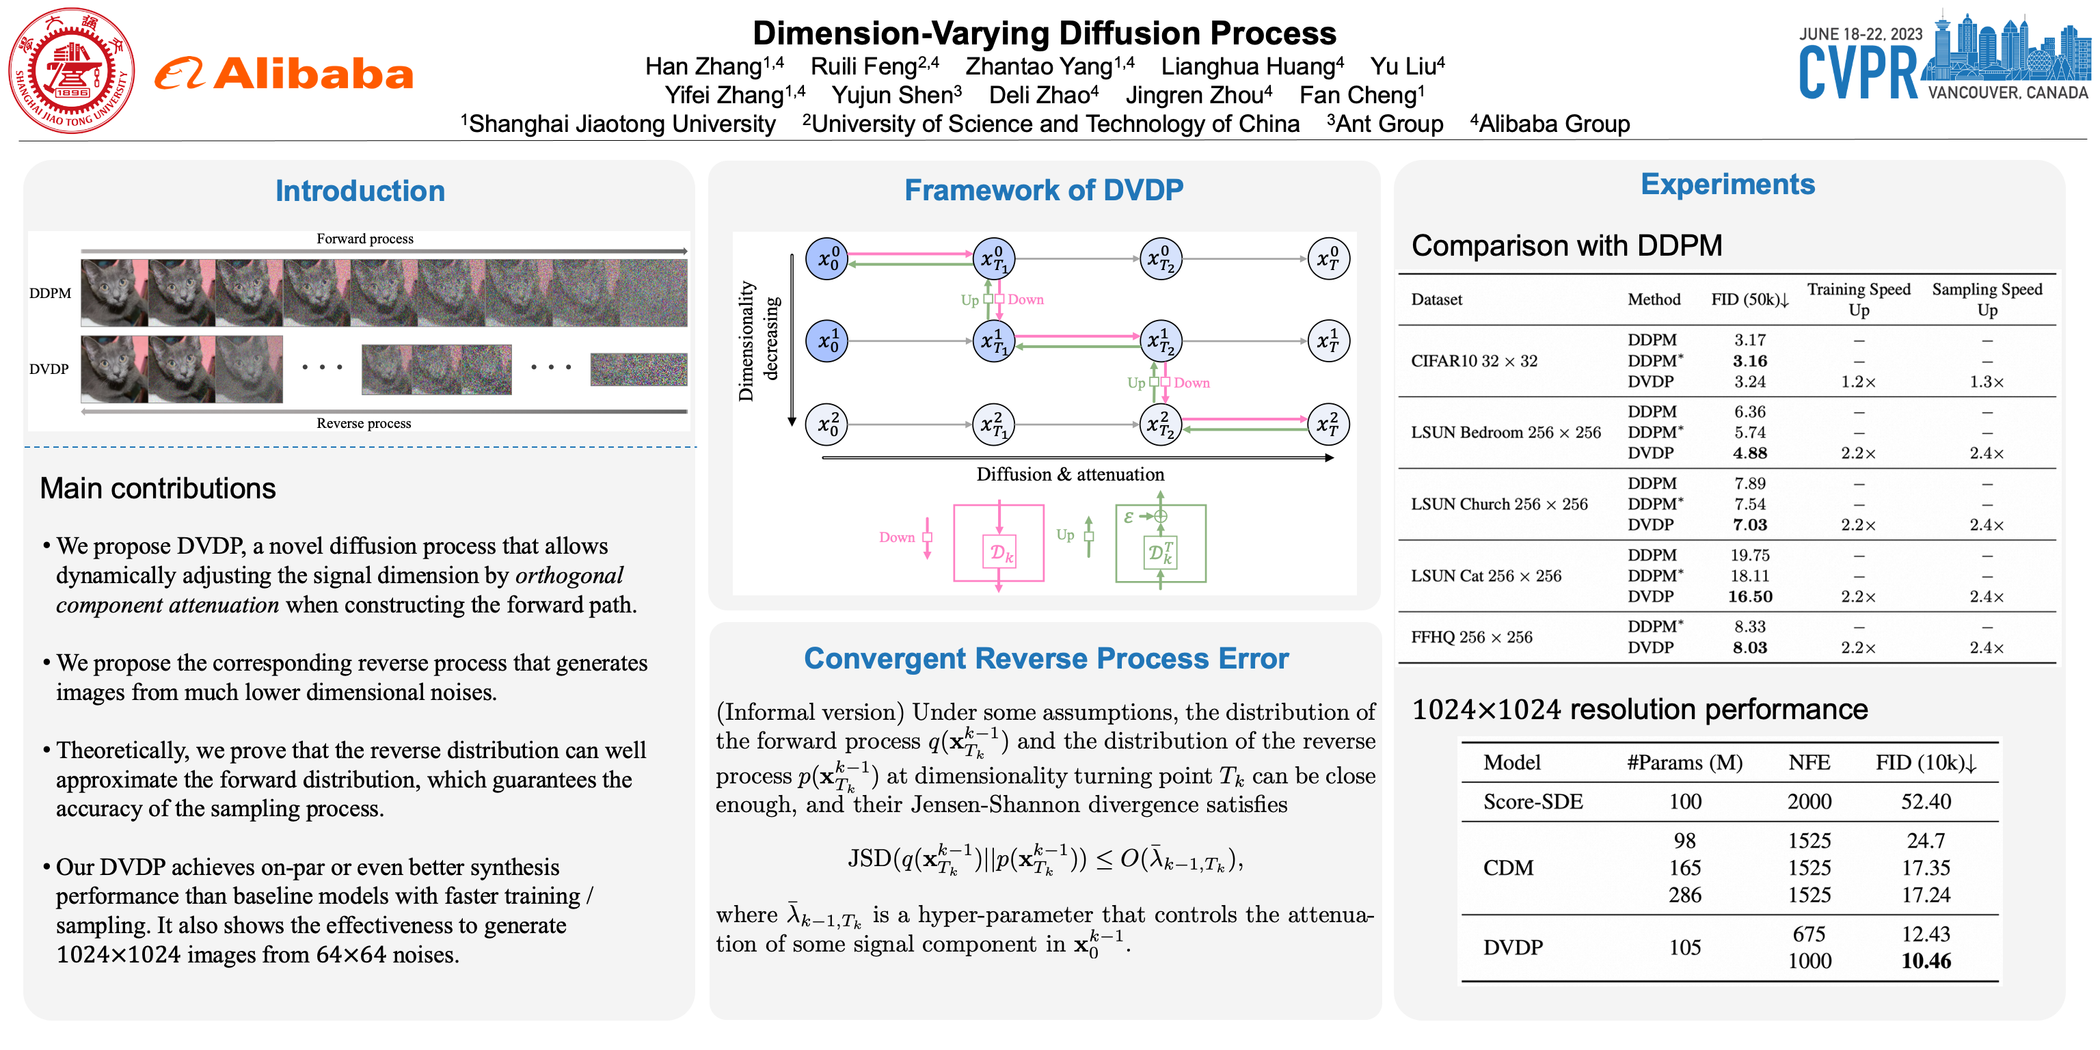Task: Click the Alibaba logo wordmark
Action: click(x=313, y=75)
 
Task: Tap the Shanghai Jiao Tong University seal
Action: click(x=72, y=72)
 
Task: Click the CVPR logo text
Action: click(x=1858, y=73)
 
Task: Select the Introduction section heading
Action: click(x=360, y=191)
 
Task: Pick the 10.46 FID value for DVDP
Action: click(x=1926, y=961)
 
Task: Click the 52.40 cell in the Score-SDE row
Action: click(x=1926, y=801)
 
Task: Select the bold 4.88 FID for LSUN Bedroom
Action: click(x=1749, y=453)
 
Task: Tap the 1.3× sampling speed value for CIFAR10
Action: click(x=1987, y=381)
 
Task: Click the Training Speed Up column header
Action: click(x=1858, y=299)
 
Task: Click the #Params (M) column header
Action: click(x=1684, y=762)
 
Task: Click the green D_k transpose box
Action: click(x=1160, y=553)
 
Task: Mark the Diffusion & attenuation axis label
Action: click(x=1070, y=474)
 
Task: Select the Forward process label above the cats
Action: click(x=364, y=239)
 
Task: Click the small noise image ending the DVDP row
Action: click(x=638, y=369)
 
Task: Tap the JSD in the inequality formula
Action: click(x=869, y=858)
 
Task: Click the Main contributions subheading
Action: click(x=157, y=488)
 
